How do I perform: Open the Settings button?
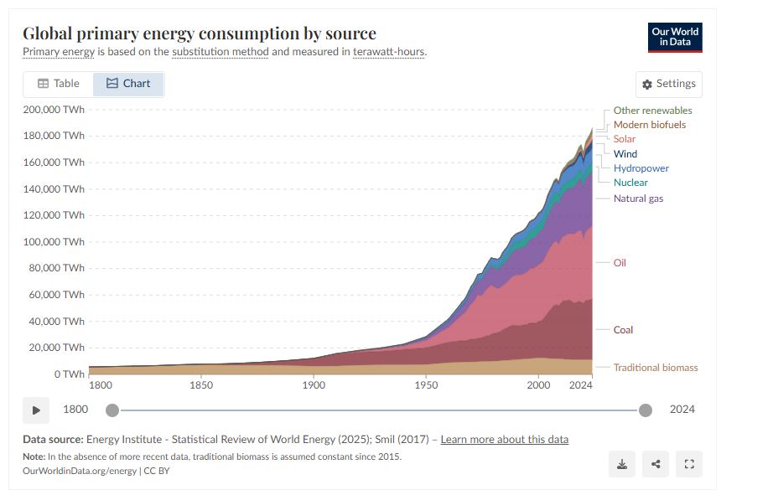(x=669, y=84)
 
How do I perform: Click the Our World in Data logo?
(x=675, y=38)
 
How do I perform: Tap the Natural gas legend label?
(x=638, y=199)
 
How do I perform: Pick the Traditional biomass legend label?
(x=655, y=368)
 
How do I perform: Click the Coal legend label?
(x=623, y=330)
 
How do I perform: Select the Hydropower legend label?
(x=641, y=168)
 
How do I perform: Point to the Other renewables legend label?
(x=652, y=111)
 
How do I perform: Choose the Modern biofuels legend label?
(x=649, y=125)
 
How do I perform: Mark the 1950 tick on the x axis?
(x=426, y=385)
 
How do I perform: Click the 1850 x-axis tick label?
(x=201, y=385)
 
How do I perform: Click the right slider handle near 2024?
(x=646, y=410)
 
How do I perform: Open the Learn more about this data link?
(x=504, y=440)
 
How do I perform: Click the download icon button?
(x=622, y=464)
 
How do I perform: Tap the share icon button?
(x=656, y=464)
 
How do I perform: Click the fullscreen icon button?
(x=689, y=464)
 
